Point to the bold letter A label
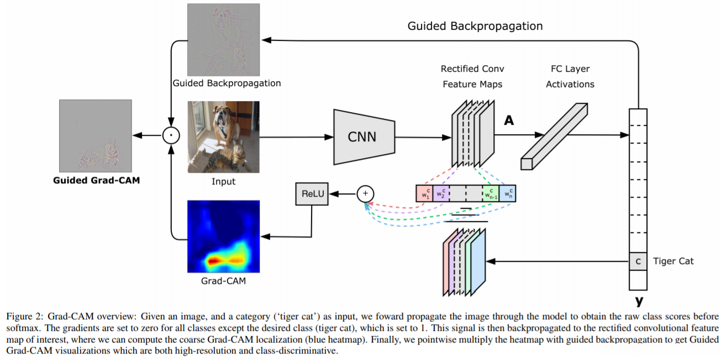pos(509,120)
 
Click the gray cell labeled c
pos(638,261)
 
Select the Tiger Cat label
pos(673,261)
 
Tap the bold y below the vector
pos(639,301)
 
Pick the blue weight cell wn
pos(507,193)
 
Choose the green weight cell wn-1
pos(490,193)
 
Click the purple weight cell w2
pos(441,193)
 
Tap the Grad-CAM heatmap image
pos(223,236)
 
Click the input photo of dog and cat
pos(223,136)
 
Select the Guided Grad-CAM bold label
pos(96,180)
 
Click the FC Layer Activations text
pos(570,77)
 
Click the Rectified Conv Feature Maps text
pos(472,77)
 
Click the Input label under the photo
pos(223,181)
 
